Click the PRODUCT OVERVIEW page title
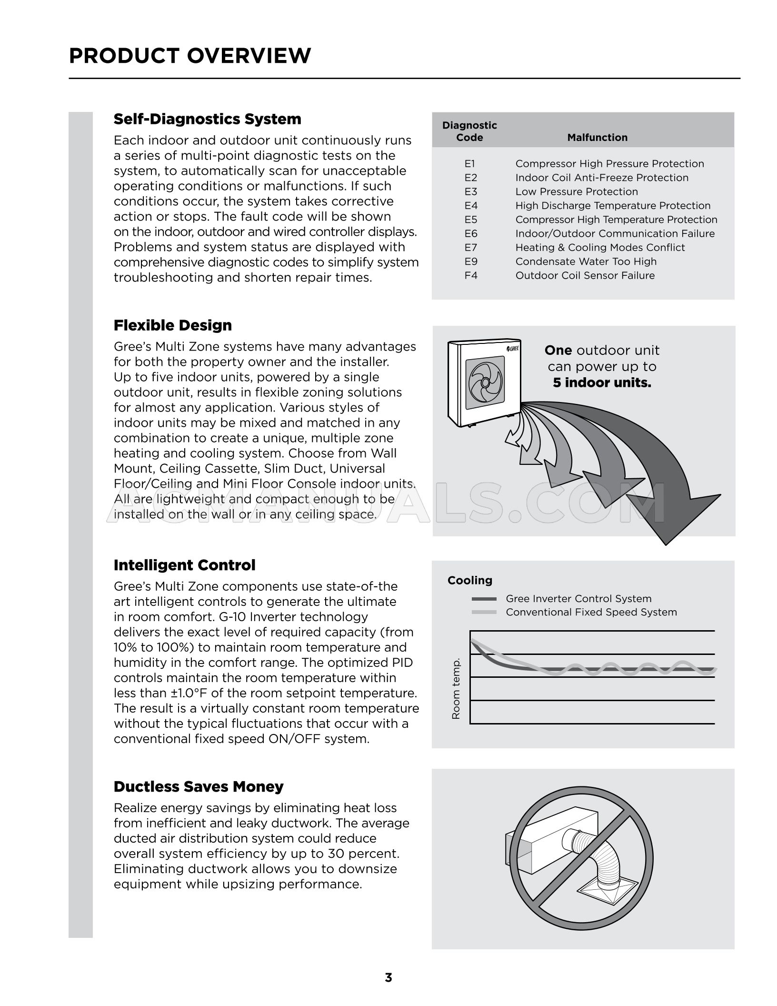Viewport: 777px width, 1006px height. (190, 56)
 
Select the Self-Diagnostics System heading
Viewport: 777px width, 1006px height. (207, 119)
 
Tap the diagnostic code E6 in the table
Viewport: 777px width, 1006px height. (470, 234)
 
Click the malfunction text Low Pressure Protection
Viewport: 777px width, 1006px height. (576, 192)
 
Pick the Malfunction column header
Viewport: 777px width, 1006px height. (597, 138)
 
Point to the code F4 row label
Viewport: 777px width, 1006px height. (470, 276)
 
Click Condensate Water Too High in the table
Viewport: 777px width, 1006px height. (586, 262)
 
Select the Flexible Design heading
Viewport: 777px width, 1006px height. (172, 326)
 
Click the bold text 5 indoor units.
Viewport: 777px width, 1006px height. (601, 383)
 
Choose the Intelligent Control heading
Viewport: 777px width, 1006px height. (184, 565)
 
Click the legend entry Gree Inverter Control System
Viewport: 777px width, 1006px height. (578, 599)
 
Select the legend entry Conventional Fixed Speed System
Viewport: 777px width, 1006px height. (591, 612)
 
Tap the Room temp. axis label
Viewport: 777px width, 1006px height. (456, 689)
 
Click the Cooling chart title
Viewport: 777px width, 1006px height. (469, 581)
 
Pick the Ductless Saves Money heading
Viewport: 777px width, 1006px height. (198, 787)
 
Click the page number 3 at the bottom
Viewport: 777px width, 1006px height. (388, 978)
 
